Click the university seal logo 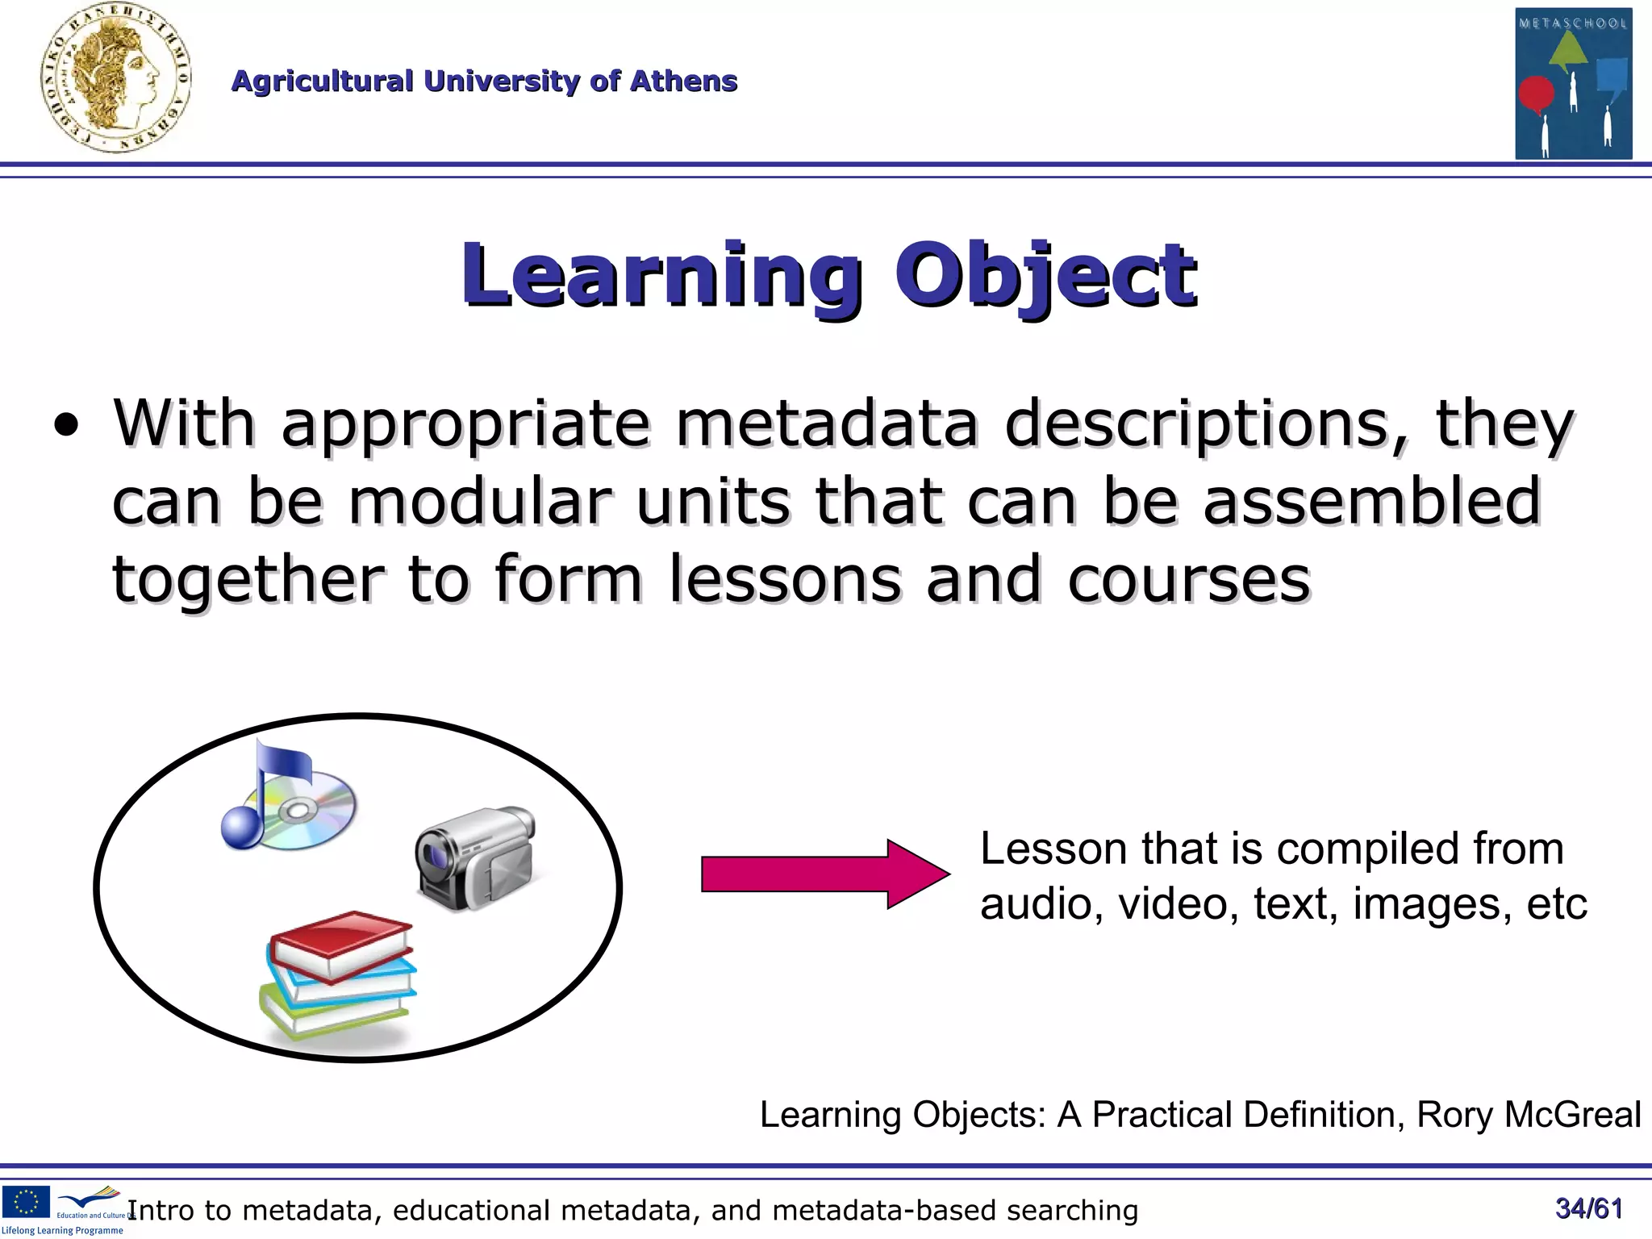115,79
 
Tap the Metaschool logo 1573,83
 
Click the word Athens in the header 683,81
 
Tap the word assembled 1371,500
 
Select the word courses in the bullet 1189,579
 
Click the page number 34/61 1588,1208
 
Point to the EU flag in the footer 26,1202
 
